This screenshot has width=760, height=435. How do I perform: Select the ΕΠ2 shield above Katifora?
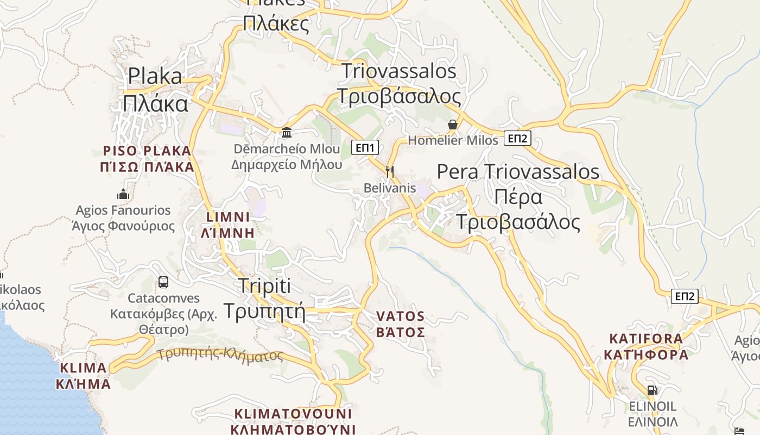[x=685, y=296]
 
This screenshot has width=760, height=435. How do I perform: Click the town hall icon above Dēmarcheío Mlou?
[x=287, y=132]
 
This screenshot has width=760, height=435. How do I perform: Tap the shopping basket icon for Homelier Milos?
[x=453, y=125]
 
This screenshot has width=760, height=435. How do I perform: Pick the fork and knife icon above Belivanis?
[x=389, y=172]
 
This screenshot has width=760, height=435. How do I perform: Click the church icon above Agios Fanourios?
[x=123, y=194]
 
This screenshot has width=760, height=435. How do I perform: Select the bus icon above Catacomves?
[x=163, y=282]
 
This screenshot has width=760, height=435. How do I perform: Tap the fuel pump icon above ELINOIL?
[x=652, y=390]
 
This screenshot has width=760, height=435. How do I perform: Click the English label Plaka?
[x=155, y=76]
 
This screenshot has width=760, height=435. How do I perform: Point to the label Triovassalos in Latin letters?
[x=399, y=71]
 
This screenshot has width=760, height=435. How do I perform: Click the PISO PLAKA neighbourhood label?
[x=147, y=151]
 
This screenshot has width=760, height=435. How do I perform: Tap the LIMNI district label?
[x=228, y=217]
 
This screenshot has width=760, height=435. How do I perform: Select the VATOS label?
[x=401, y=316]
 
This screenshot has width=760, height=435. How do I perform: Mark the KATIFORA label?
[x=646, y=339]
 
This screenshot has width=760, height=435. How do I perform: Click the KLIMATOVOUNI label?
[x=293, y=413]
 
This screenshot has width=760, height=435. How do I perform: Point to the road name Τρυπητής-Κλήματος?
[x=221, y=355]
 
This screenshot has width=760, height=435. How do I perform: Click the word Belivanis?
[x=390, y=188]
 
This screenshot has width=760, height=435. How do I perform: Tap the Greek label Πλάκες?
[x=276, y=23]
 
